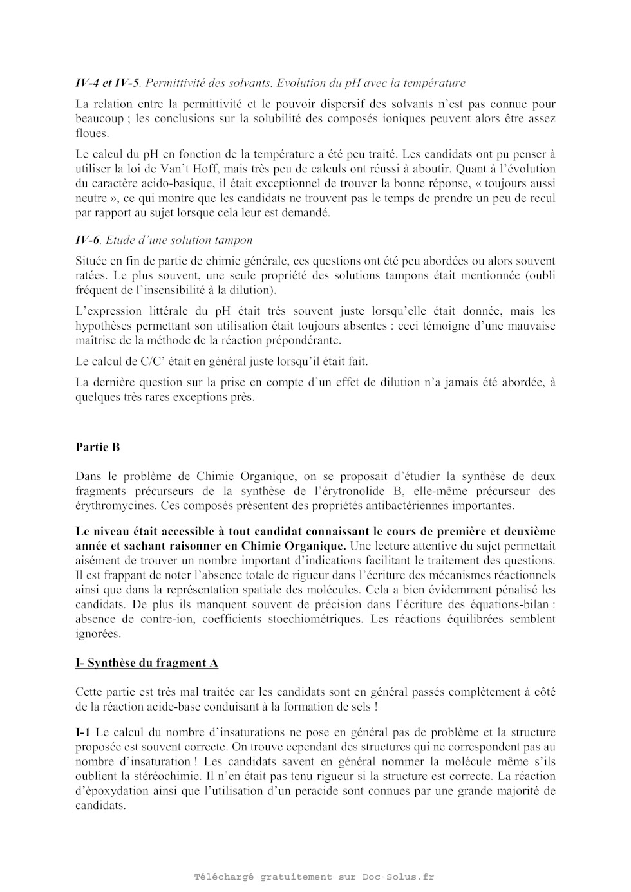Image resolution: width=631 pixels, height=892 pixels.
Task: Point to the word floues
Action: (x=92, y=133)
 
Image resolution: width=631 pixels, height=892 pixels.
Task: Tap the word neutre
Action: (x=91, y=199)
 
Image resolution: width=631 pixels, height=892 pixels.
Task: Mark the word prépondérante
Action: (x=302, y=340)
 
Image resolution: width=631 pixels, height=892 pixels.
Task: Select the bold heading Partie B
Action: (x=98, y=447)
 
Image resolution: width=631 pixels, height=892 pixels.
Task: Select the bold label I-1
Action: (x=83, y=732)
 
